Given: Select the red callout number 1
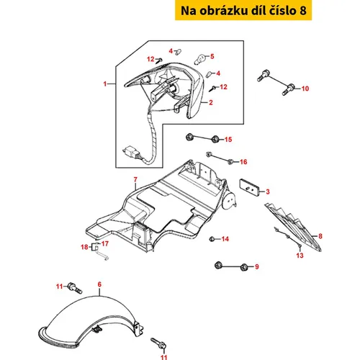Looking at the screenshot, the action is click(x=105, y=84).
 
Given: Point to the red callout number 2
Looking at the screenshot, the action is click(x=211, y=102).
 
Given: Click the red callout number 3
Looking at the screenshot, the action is click(x=268, y=192).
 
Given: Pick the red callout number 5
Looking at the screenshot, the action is click(x=212, y=56).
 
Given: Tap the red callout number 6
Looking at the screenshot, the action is click(x=99, y=284).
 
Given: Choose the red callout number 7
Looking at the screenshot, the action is click(x=135, y=179).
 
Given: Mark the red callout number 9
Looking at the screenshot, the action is click(x=257, y=266).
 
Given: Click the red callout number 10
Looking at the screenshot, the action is click(x=305, y=89).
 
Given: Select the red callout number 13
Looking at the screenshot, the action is click(x=300, y=256).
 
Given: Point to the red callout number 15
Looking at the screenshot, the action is click(x=228, y=140).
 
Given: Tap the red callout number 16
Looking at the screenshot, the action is click(x=243, y=162).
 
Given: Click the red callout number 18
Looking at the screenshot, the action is click(x=84, y=247).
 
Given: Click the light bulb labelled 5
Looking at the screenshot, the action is click(x=200, y=59).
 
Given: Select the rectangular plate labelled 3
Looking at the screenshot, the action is click(x=249, y=187).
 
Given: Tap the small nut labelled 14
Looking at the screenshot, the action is click(x=212, y=239).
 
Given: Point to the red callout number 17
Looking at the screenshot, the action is click(x=105, y=243).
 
